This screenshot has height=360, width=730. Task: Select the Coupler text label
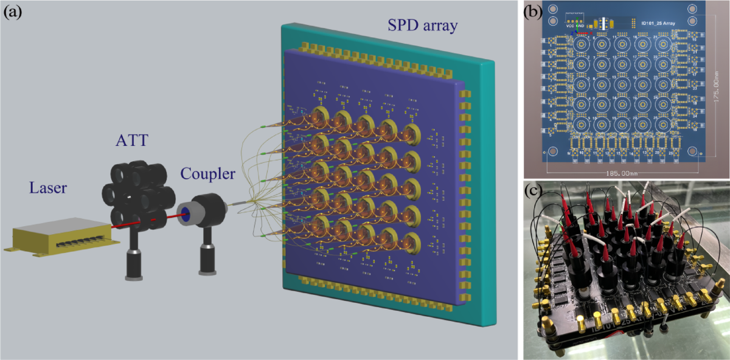[x=208, y=174]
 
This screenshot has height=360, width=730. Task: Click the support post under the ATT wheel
[x=132, y=261]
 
